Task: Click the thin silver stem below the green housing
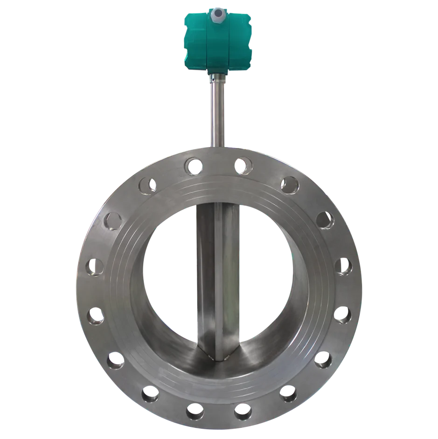(218, 112)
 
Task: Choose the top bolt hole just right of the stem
(241, 165)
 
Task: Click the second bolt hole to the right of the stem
(289, 185)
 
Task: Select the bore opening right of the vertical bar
(266, 276)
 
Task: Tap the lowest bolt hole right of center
(242, 411)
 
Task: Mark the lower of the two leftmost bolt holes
(96, 316)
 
